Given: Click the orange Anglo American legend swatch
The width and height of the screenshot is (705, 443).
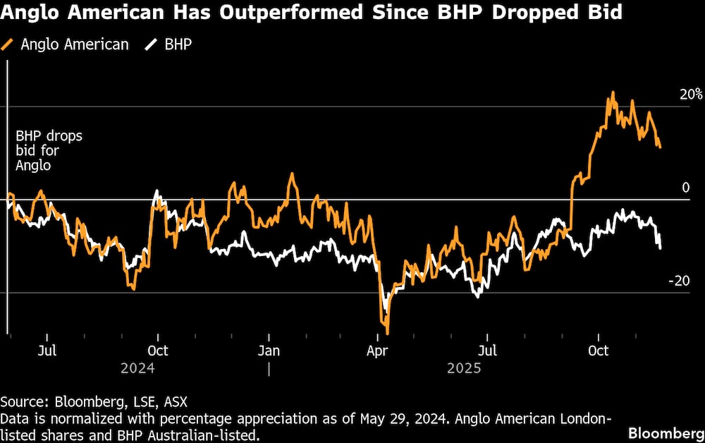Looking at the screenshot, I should point(8,44).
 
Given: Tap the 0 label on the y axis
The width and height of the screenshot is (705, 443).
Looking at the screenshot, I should point(685,188).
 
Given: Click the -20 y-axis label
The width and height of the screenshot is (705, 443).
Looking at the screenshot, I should point(679,281).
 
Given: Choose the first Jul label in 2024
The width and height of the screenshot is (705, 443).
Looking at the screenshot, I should point(47,351).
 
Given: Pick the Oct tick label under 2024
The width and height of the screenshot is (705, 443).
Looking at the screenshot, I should point(157,351).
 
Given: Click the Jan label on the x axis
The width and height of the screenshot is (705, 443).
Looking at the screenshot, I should point(269,351).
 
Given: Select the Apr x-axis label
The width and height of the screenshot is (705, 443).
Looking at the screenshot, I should point(379,351).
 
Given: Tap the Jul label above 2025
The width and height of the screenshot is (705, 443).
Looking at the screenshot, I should point(487,351).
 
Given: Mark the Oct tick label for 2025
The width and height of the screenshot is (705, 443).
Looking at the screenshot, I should point(599,351).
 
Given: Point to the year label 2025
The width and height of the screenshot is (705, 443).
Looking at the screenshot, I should point(463,368).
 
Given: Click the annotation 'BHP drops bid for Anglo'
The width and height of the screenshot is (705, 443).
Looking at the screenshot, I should point(49,150).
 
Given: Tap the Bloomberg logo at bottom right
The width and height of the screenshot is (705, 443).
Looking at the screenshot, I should point(666,432).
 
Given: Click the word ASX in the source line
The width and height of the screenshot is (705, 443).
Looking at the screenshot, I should point(176,402).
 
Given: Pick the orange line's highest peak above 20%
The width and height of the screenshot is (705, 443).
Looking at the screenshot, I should point(613,92).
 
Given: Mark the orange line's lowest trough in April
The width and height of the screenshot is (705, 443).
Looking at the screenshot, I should point(387,333).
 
